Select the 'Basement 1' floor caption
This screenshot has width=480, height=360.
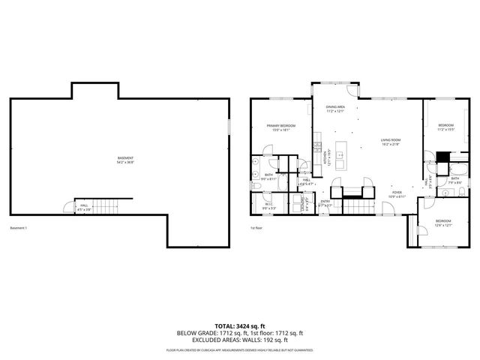(x=18, y=228)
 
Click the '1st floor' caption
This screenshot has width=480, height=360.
(x=256, y=228)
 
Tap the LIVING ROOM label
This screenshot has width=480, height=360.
(x=390, y=142)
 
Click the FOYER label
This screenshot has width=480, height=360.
(x=397, y=194)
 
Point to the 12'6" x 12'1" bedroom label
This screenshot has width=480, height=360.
(x=443, y=223)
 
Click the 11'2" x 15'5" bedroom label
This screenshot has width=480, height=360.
(x=446, y=127)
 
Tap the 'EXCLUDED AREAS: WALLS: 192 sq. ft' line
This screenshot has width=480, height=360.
(x=239, y=340)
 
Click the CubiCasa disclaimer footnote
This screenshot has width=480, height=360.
(x=239, y=350)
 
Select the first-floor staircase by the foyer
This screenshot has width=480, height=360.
(x=358, y=206)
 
